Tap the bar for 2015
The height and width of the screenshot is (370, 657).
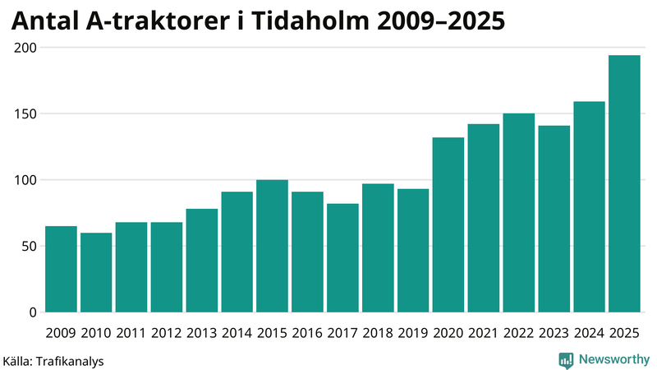click(272, 246)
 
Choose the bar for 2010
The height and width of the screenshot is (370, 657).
click(96, 272)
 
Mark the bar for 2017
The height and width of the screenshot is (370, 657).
click(342, 258)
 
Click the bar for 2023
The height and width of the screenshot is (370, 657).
click(554, 219)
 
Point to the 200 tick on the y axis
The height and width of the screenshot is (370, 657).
click(26, 48)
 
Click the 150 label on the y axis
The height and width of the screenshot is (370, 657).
click(26, 113)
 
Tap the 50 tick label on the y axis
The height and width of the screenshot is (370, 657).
click(30, 246)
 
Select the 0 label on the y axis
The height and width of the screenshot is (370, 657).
click(34, 312)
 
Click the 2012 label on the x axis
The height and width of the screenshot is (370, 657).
click(167, 333)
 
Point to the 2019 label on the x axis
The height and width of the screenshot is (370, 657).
click(413, 333)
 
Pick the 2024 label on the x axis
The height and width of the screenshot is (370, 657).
click(589, 333)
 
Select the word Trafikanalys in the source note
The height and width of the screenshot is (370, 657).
click(71, 361)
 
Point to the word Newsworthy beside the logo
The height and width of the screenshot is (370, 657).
click(614, 359)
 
